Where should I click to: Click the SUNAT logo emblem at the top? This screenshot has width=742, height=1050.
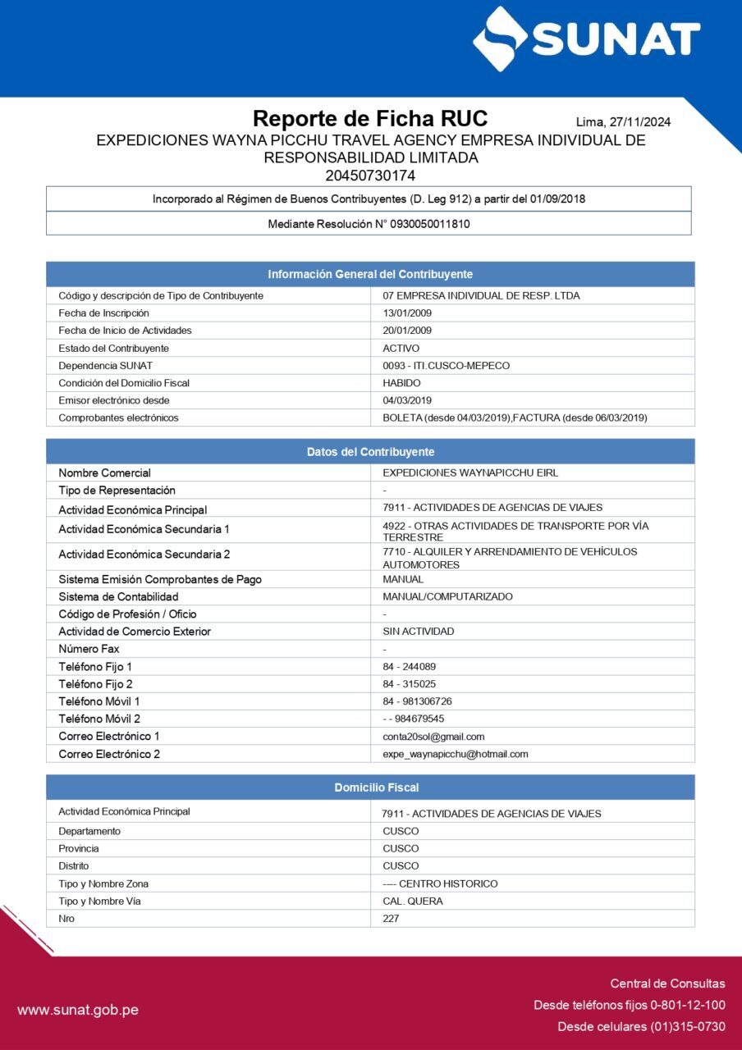500,39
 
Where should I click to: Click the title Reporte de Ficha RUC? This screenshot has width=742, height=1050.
369,119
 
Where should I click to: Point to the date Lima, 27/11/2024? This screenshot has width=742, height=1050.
623,122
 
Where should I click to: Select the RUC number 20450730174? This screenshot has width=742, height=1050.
370,176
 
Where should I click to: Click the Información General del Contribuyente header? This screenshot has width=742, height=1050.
370,274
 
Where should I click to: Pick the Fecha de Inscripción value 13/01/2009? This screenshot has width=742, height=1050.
407,313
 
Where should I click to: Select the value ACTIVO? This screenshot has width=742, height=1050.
401,348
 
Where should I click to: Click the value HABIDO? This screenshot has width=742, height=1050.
401,383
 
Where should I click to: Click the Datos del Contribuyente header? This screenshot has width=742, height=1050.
370,452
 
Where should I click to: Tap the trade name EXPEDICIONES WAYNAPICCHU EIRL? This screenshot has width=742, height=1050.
470,472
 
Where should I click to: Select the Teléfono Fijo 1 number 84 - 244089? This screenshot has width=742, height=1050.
409,667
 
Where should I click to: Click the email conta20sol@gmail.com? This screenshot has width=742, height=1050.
433,737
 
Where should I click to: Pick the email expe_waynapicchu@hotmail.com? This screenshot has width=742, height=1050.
455,754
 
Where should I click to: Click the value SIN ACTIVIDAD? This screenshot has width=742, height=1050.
418,632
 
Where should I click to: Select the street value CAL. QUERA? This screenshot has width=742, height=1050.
412,901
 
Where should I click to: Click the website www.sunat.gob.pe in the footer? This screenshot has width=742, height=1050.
78,1010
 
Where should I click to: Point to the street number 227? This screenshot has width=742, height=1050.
391,919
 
